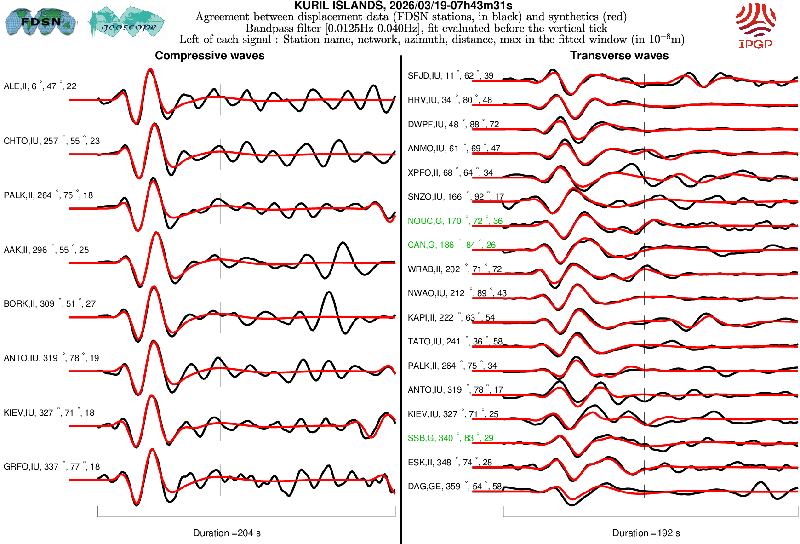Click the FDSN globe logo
point(40,22)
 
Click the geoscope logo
point(127,23)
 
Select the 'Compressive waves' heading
point(210,56)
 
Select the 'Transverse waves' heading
point(619,56)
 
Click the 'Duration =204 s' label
point(227,533)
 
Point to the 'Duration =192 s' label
point(646,533)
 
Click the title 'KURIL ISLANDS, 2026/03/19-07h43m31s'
point(403,6)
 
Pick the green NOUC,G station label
point(455,221)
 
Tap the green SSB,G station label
point(450,438)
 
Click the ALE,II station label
point(40,86)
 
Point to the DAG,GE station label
point(454,487)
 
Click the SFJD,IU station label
point(450,76)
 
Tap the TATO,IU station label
point(455,342)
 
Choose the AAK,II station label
point(46,250)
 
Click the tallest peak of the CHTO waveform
point(154,124)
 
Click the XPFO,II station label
point(450,173)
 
